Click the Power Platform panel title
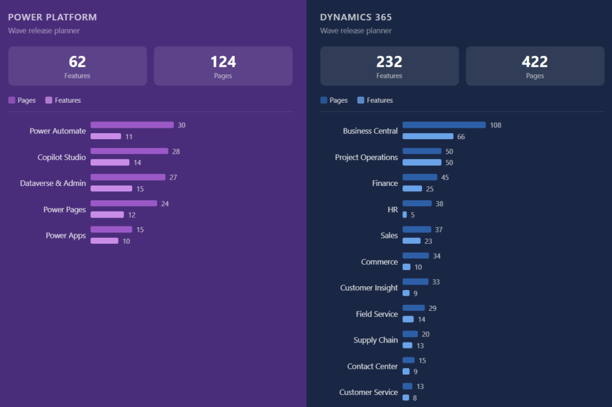click(x=53, y=17)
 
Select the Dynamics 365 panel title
click(x=356, y=17)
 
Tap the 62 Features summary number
click(x=77, y=62)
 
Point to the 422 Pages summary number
click(x=535, y=62)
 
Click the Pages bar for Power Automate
click(x=132, y=125)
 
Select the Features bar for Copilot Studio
click(x=110, y=163)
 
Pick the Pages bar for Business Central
click(x=444, y=125)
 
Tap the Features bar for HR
click(x=405, y=215)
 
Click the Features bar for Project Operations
click(x=422, y=163)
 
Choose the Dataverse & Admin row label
click(x=53, y=183)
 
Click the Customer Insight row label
click(x=369, y=288)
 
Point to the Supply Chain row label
click(x=375, y=340)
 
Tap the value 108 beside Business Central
click(x=495, y=126)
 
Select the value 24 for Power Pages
click(x=165, y=204)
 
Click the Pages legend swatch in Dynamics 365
click(x=323, y=100)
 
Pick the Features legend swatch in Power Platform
click(x=49, y=100)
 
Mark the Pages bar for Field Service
click(x=414, y=308)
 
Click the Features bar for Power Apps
click(x=105, y=241)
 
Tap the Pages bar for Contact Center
click(x=408, y=360)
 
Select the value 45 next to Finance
click(x=445, y=178)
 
